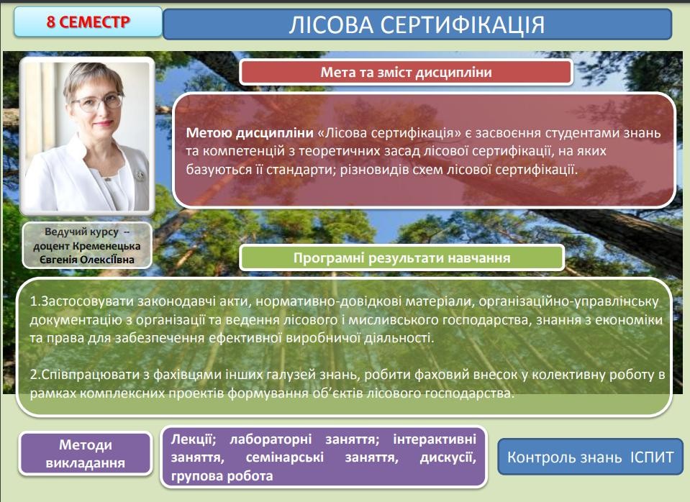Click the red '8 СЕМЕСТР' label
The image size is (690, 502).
coord(88,22)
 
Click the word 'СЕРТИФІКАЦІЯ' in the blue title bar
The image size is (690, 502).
coord(463,24)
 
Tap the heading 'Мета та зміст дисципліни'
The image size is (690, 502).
coord(406,72)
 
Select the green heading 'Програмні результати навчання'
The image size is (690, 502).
coord(401,257)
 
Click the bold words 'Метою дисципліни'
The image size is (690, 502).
coord(250,133)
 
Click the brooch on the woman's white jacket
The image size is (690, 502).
coord(140,175)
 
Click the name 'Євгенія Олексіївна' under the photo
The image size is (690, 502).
coord(87,260)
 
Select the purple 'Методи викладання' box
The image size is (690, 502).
coord(86,454)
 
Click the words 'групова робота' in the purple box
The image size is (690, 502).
coord(222,476)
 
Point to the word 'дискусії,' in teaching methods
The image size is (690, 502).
coord(448,457)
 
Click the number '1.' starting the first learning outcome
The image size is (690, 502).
coord(35,301)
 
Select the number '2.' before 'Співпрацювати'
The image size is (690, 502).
coord(35,375)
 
